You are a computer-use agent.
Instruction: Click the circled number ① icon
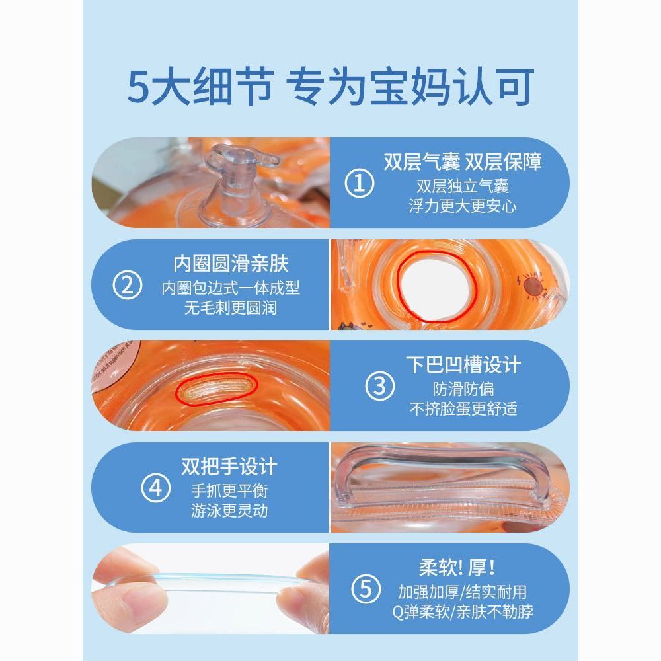click(x=359, y=183)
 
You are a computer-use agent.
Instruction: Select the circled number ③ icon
click(x=379, y=386)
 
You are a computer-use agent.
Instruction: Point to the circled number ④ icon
click(x=155, y=488)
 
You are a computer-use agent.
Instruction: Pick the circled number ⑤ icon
click(x=366, y=589)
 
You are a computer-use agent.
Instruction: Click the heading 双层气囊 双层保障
click(x=463, y=162)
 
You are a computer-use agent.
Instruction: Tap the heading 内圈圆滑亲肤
click(x=231, y=264)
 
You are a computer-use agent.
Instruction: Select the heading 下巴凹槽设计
click(x=463, y=365)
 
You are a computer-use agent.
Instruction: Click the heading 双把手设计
click(x=229, y=467)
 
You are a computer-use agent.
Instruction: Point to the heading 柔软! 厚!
click(x=457, y=567)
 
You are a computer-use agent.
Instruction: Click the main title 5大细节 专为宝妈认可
click(x=330, y=87)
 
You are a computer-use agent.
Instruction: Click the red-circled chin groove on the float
click(x=217, y=389)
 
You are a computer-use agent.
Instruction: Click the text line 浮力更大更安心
click(x=463, y=206)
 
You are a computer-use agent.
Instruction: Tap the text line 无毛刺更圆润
click(x=231, y=308)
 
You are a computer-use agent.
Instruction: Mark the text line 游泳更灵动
click(x=229, y=510)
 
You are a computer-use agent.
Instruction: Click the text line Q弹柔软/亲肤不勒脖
click(x=463, y=611)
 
